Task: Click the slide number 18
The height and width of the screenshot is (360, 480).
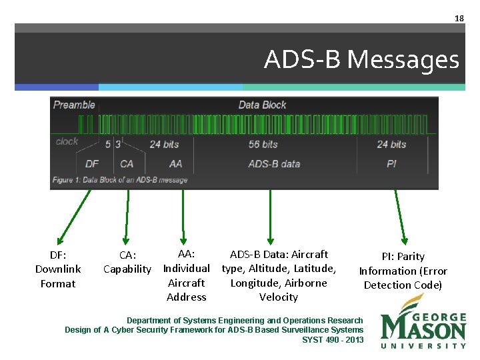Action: coord(459,19)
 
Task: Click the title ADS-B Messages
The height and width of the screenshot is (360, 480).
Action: coord(361,60)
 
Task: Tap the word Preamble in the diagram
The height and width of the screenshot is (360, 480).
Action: coord(74,105)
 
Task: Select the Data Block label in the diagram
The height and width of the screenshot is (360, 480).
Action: coord(262,105)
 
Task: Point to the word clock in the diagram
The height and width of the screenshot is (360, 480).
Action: coord(67,141)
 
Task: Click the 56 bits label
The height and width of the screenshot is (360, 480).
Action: coord(263,144)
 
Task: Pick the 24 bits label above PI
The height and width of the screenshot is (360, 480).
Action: coord(391,144)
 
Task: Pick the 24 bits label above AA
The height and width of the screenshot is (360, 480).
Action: coord(164,144)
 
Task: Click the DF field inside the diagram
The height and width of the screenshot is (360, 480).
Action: coord(92,163)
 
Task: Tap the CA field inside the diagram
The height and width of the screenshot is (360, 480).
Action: coord(127,163)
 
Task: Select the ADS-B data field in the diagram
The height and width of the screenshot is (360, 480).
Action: coord(274,163)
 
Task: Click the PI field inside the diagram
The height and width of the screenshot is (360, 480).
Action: coord(391,163)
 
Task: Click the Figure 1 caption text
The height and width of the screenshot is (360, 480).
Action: coord(120,180)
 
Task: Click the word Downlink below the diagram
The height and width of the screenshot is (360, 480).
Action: coord(58,269)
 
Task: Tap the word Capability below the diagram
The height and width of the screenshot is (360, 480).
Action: coord(127,269)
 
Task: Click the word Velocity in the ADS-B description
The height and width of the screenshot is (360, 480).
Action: coord(278,297)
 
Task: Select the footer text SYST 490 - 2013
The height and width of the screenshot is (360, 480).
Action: coord(333,340)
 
